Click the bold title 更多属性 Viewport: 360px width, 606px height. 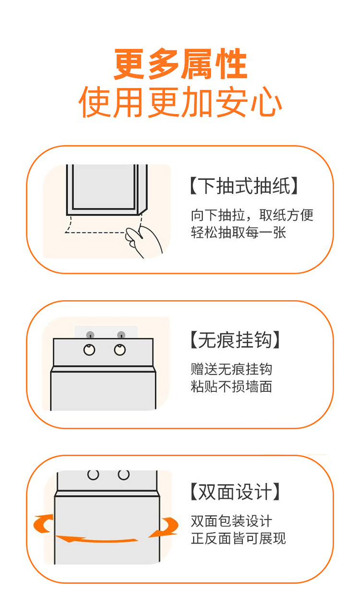[180, 64]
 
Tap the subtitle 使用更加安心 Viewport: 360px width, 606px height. [180, 102]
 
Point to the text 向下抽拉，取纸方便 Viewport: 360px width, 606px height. [252, 215]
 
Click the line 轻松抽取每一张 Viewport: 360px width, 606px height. [239, 232]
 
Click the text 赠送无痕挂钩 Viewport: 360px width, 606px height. [231, 369]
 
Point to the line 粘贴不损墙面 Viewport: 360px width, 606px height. [231, 387]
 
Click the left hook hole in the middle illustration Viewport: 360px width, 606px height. [89, 350]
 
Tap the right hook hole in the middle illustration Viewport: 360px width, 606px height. [120, 350]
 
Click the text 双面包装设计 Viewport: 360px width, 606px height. [231, 521]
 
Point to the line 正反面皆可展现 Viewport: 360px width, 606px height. [239, 538]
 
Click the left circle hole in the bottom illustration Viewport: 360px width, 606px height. [93, 474]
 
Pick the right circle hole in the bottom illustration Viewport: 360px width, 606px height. [124, 474]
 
